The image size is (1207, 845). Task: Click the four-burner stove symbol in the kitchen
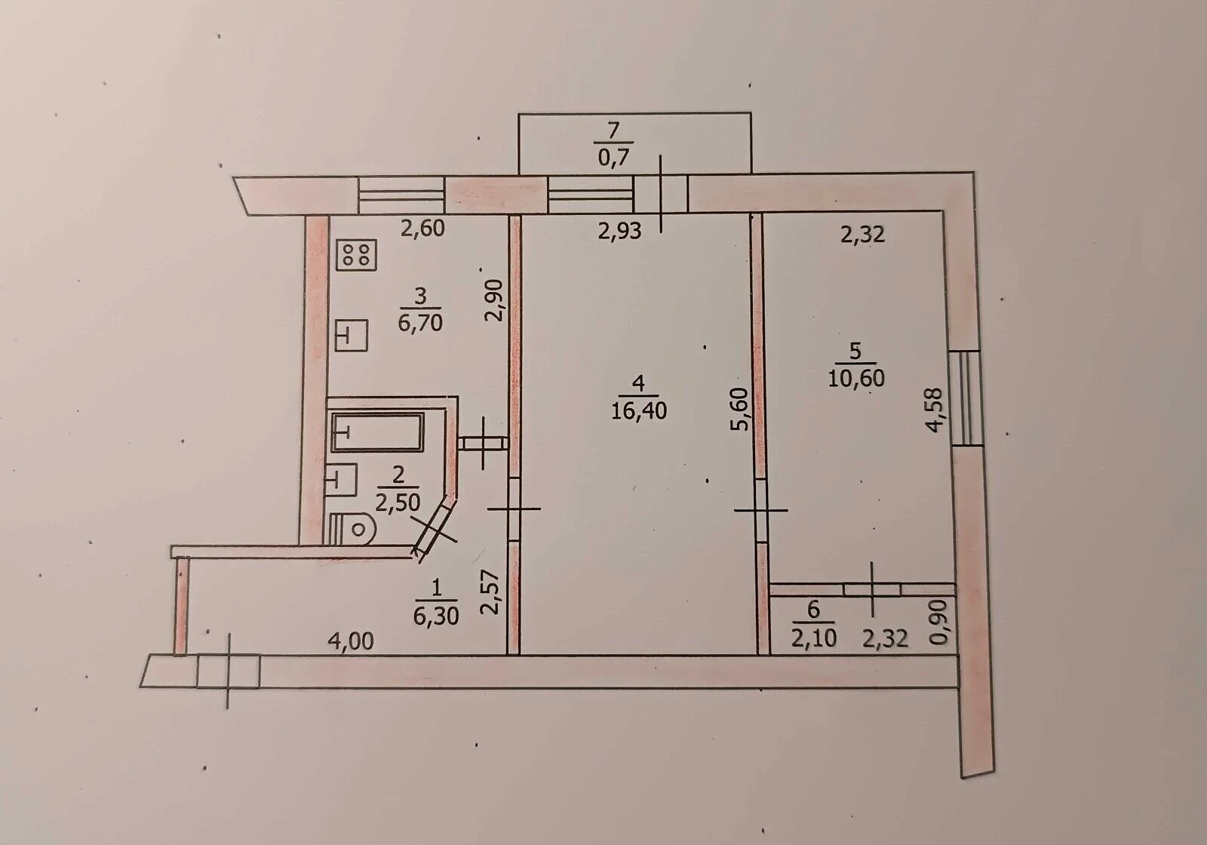click(356, 255)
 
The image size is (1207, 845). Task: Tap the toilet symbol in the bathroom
click(352, 528)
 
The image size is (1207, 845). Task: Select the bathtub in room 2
click(377, 432)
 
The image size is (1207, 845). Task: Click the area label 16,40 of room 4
click(638, 410)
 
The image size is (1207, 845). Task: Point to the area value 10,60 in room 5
click(855, 378)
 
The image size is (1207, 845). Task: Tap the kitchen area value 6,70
click(420, 323)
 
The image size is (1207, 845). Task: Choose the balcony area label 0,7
click(613, 158)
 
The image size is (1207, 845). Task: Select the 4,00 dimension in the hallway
click(351, 641)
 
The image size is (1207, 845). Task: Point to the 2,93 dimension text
click(619, 231)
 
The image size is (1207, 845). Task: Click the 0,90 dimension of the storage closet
click(938, 622)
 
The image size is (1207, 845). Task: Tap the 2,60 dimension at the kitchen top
click(422, 229)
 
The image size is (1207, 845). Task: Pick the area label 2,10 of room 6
click(814, 638)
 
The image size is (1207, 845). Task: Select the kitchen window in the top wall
click(401, 195)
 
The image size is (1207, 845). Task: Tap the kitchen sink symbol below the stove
click(352, 336)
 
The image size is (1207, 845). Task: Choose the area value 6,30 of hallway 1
click(436, 616)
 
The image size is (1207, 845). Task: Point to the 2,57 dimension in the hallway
click(490, 591)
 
